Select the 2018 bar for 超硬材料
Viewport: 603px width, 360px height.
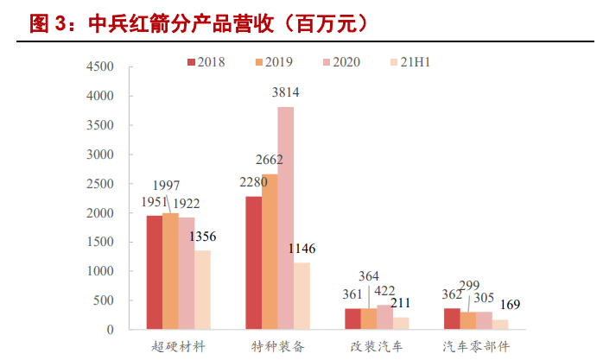154,272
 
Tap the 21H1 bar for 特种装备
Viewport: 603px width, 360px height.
301,295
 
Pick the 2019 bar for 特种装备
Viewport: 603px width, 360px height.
270,251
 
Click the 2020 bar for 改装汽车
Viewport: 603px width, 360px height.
384,317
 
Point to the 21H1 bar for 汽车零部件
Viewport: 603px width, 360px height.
500,325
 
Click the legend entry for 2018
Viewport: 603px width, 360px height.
206,62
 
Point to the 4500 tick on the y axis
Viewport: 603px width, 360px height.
99,66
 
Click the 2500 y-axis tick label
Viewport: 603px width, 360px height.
99,184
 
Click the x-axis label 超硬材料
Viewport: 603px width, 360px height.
178,346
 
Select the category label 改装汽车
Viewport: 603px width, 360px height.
377,346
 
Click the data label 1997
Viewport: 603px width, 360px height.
167,186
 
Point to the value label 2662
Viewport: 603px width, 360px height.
269,160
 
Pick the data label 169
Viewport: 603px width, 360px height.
511,305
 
